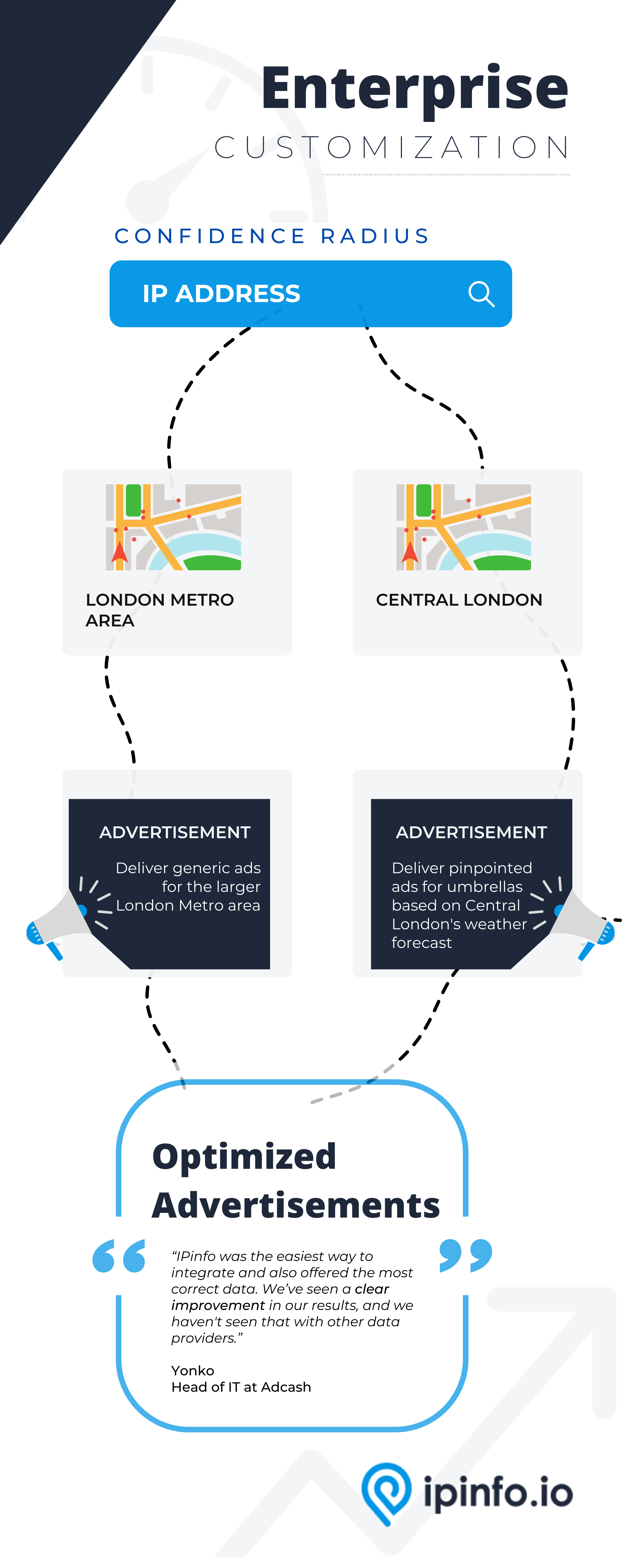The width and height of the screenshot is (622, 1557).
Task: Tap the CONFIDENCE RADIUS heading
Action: [x=272, y=236]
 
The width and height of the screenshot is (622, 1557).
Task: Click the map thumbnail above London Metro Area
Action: [x=173, y=527]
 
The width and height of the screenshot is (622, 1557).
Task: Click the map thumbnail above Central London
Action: [x=463, y=527]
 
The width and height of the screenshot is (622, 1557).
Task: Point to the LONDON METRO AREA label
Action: [x=159, y=609]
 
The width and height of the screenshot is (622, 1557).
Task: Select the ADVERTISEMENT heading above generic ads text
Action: [x=174, y=832]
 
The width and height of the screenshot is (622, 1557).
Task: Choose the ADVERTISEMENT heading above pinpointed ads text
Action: [x=471, y=832]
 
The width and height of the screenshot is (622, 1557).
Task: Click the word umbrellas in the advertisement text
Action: [x=489, y=887]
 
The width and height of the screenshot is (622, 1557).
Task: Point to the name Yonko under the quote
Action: [x=193, y=1370]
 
